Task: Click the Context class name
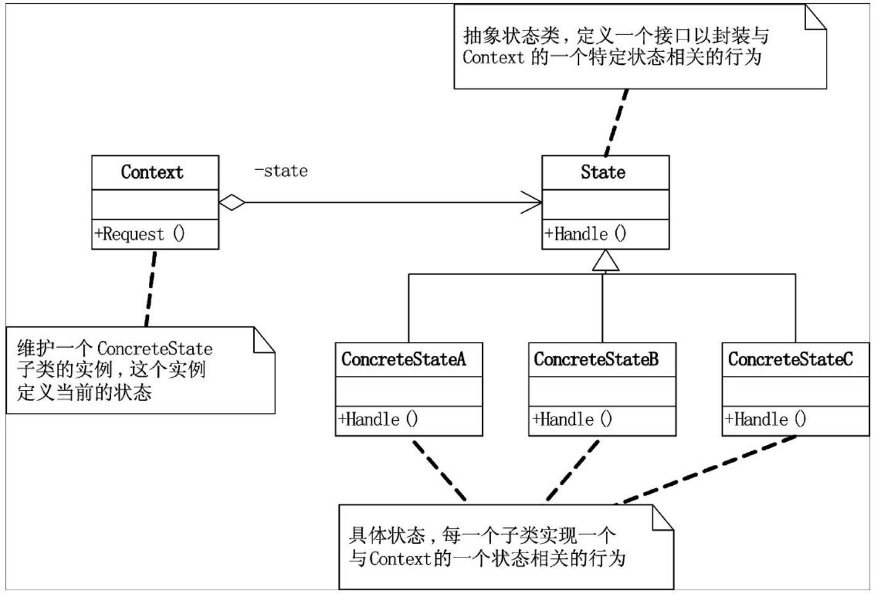(152, 172)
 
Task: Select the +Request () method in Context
(140, 234)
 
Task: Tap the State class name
(603, 172)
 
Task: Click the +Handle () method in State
(585, 234)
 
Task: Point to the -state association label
(281, 171)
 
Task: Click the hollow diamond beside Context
(232, 202)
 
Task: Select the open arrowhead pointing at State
(533, 202)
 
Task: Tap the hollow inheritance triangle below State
(605, 261)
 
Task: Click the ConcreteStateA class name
(403, 359)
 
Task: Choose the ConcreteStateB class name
(596, 359)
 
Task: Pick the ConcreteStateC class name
(790, 359)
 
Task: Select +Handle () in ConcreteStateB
(572, 420)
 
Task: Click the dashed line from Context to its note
(151, 287)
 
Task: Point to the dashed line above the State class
(617, 122)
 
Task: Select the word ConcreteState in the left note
(154, 349)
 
